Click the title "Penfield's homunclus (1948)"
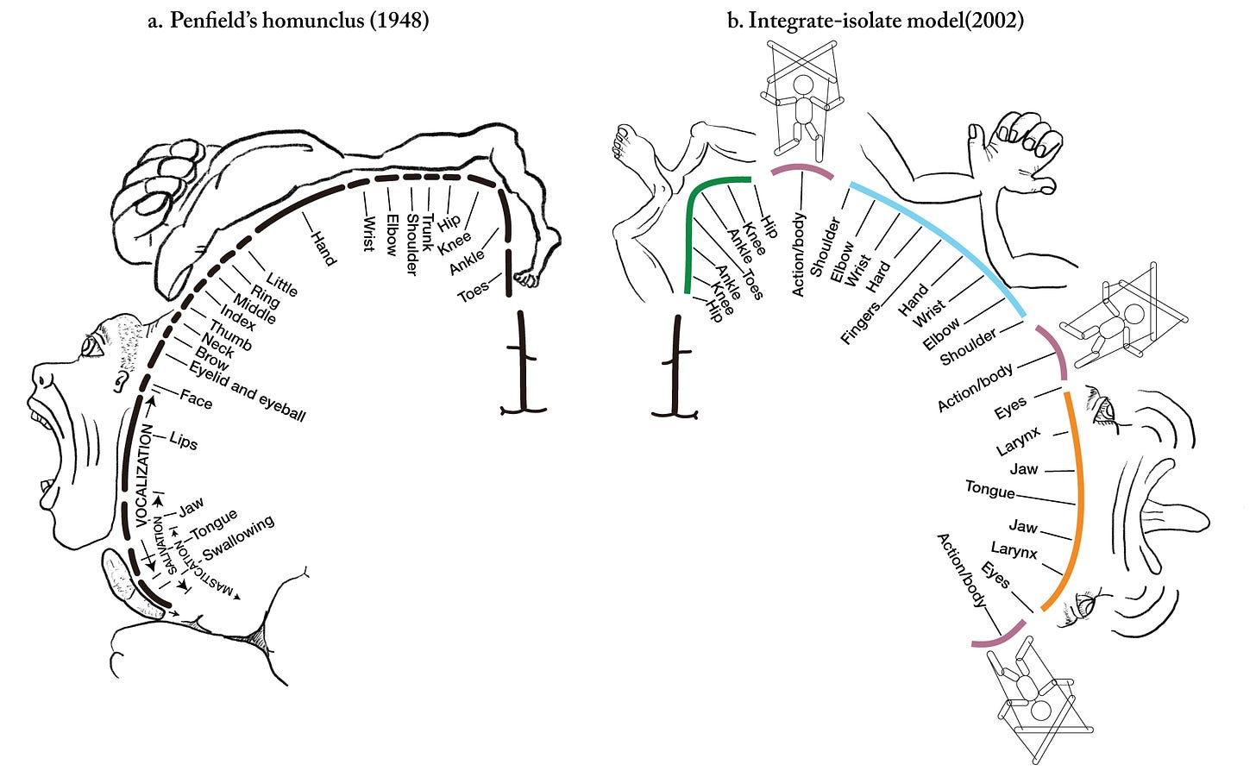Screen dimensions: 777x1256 click(x=288, y=20)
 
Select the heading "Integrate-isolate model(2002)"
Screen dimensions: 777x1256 click(x=875, y=20)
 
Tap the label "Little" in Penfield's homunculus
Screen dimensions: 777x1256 click(x=282, y=284)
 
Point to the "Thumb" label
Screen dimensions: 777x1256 click(x=230, y=335)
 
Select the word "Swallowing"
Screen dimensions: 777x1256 click(x=238, y=537)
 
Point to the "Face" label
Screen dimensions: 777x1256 click(x=196, y=399)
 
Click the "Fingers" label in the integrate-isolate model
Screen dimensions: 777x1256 click(x=860, y=323)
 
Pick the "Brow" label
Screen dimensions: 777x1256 click(x=211, y=357)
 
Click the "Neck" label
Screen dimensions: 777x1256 click(x=218, y=345)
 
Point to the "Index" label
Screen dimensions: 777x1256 click(x=237, y=317)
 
